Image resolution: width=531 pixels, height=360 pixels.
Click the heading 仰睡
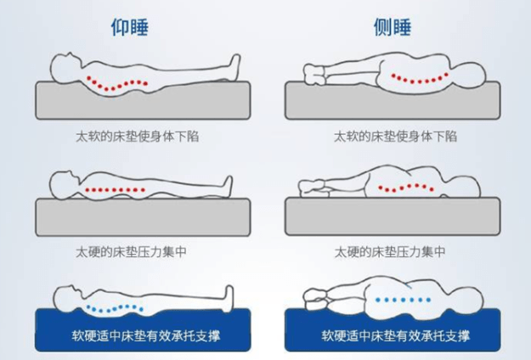point(130,27)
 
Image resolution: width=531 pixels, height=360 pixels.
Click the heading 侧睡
point(393,27)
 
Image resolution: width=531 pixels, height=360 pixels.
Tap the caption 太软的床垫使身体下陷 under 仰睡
point(137,137)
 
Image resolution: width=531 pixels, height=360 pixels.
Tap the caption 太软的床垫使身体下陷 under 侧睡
point(395,137)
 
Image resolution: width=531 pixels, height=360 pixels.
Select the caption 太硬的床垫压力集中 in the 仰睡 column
point(131,251)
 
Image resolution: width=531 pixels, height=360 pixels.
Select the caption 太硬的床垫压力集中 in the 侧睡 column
point(390,251)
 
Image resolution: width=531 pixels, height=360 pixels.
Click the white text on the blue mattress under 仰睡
point(146,335)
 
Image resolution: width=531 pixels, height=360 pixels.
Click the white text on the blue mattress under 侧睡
point(396,335)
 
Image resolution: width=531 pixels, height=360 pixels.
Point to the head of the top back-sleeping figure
point(66,68)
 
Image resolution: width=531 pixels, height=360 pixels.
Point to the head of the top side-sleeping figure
point(468,75)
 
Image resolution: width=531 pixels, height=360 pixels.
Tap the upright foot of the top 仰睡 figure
point(234,67)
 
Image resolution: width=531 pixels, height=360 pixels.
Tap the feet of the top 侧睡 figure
point(315,75)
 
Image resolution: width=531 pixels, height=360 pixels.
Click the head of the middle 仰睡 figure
point(65,185)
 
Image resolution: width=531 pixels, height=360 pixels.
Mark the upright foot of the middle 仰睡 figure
point(227,186)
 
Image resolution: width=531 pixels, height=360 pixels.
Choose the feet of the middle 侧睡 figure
point(312,188)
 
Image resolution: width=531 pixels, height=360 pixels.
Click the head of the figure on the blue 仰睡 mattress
point(69,298)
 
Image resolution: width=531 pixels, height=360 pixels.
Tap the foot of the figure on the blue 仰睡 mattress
point(229,298)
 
